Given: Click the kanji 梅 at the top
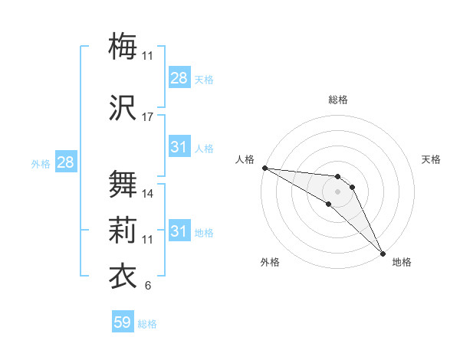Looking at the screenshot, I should [x=123, y=47].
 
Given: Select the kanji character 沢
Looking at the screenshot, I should [x=123, y=108].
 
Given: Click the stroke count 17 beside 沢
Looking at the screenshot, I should [x=148, y=117].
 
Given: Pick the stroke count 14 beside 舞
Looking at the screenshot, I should [x=148, y=194].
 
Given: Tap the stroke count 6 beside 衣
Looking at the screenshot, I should [x=148, y=286].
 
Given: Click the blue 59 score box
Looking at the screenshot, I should [x=123, y=322].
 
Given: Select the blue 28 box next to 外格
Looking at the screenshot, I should [x=65, y=162].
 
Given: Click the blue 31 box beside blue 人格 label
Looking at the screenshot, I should [x=179, y=147].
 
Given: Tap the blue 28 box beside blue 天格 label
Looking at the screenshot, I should [x=179, y=78].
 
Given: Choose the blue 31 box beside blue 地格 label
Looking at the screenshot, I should [x=179, y=231].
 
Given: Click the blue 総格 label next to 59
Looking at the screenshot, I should [x=147, y=324].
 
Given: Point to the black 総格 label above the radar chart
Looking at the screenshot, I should [x=338, y=100].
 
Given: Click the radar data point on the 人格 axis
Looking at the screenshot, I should [x=264, y=168].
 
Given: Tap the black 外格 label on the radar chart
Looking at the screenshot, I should [x=270, y=262].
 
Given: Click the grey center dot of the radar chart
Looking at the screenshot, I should [x=337, y=191].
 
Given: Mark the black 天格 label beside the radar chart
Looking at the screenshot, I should [x=431, y=159].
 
